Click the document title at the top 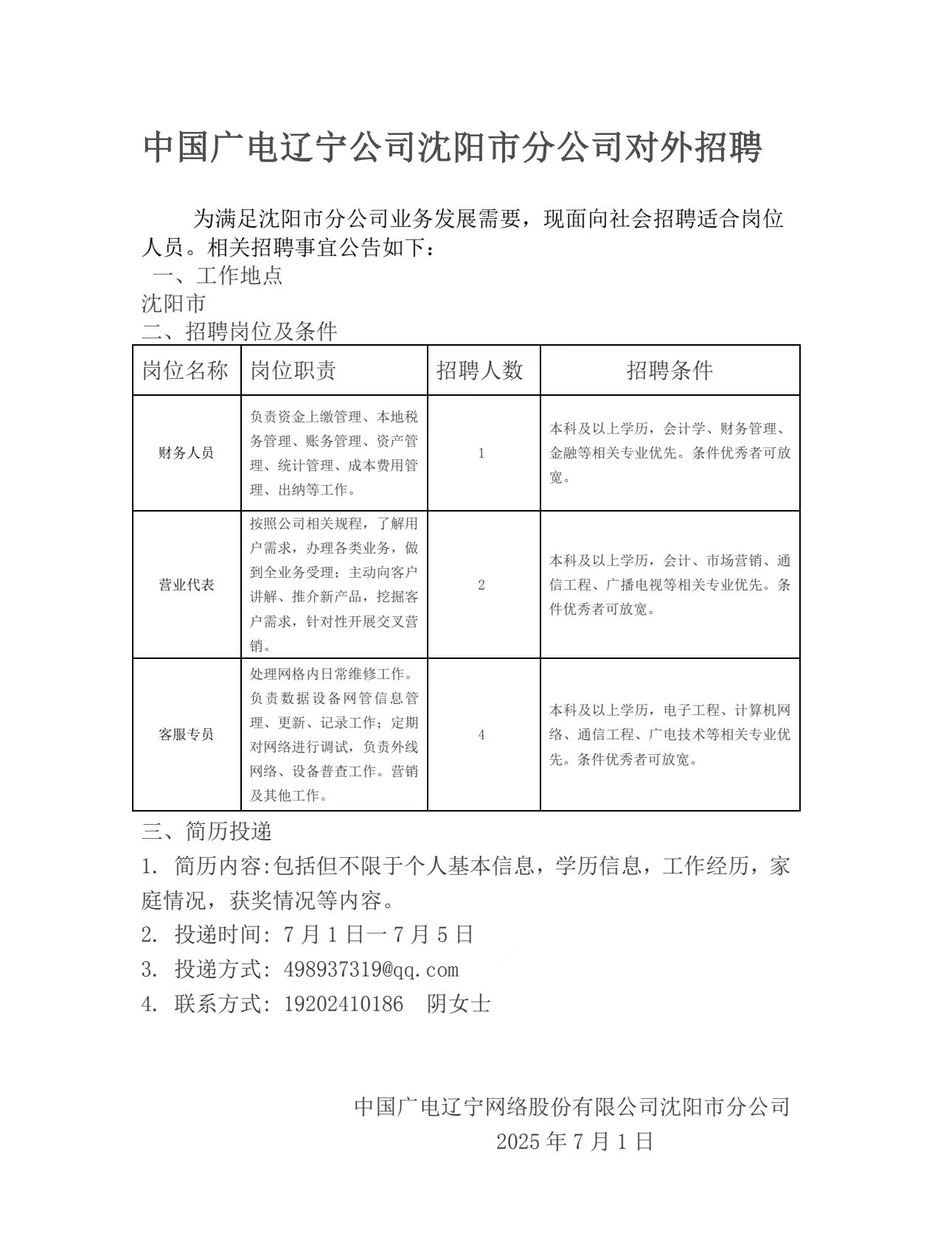[x=452, y=148]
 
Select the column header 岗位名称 [x=186, y=370]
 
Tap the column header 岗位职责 [x=293, y=370]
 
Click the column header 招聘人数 [x=480, y=370]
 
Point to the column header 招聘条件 [x=670, y=370]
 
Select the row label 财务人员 [x=186, y=453]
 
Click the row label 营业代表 [x=186, y=585]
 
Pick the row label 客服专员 [x=186, y=734]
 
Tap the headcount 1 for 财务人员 [x=481, y=453]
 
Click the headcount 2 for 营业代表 [x=481, y=585]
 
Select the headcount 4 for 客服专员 [x=481, y=734]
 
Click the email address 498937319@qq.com [x=371, y=969]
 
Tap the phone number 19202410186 [x=344, y=1004]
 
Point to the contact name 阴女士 [x=459, y=1004]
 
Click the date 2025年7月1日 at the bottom [x=574, y=1142]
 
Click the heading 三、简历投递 [x=207, y=831]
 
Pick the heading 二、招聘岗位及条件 [x=240, y=331]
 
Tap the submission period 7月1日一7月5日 [x=378, y=935]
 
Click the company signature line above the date [x=572, y=1106]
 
